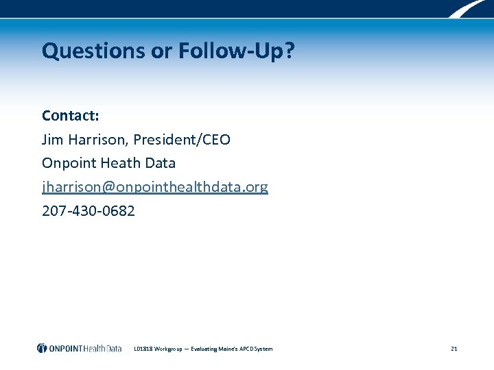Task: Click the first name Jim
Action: point(53,140)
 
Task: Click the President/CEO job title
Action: point(182,140)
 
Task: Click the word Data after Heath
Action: point(160,163)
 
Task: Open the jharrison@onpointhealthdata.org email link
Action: point(155,187)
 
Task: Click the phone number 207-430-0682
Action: point(89,211)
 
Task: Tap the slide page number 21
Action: point(454,349)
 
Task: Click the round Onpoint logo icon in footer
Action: point(43,348)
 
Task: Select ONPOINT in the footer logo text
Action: point(67,348)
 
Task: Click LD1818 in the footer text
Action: point(144,349)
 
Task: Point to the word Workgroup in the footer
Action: point(169,349)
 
